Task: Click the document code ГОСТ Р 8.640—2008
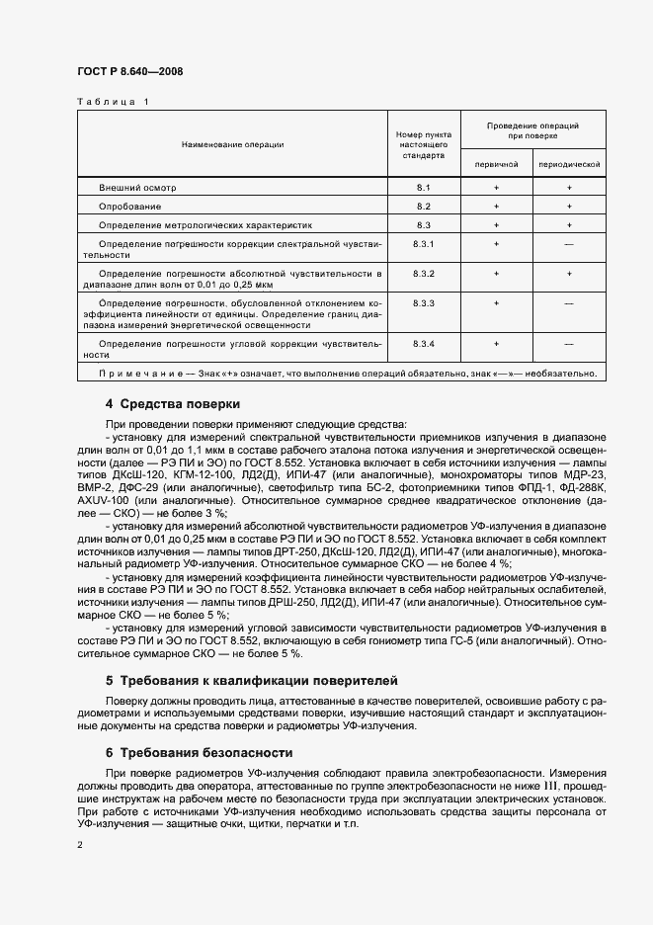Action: (129, 71)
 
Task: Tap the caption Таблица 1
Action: (113, 101)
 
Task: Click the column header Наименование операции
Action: (232, 144)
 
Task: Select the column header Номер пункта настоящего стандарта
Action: (424, 144)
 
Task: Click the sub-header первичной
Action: (496, 163)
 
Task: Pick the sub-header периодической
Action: (568, 163)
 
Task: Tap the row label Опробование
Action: (130, 206)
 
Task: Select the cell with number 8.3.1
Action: (424, 243)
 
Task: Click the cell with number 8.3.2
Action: (424, 272)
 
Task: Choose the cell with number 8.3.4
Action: (424, 342)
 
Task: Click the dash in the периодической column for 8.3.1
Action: (568, 243)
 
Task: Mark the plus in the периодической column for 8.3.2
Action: (568, 272)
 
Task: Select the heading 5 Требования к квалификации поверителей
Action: (251, 681)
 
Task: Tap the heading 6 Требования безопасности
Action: (199, 752)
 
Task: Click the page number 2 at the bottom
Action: (80, 845)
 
